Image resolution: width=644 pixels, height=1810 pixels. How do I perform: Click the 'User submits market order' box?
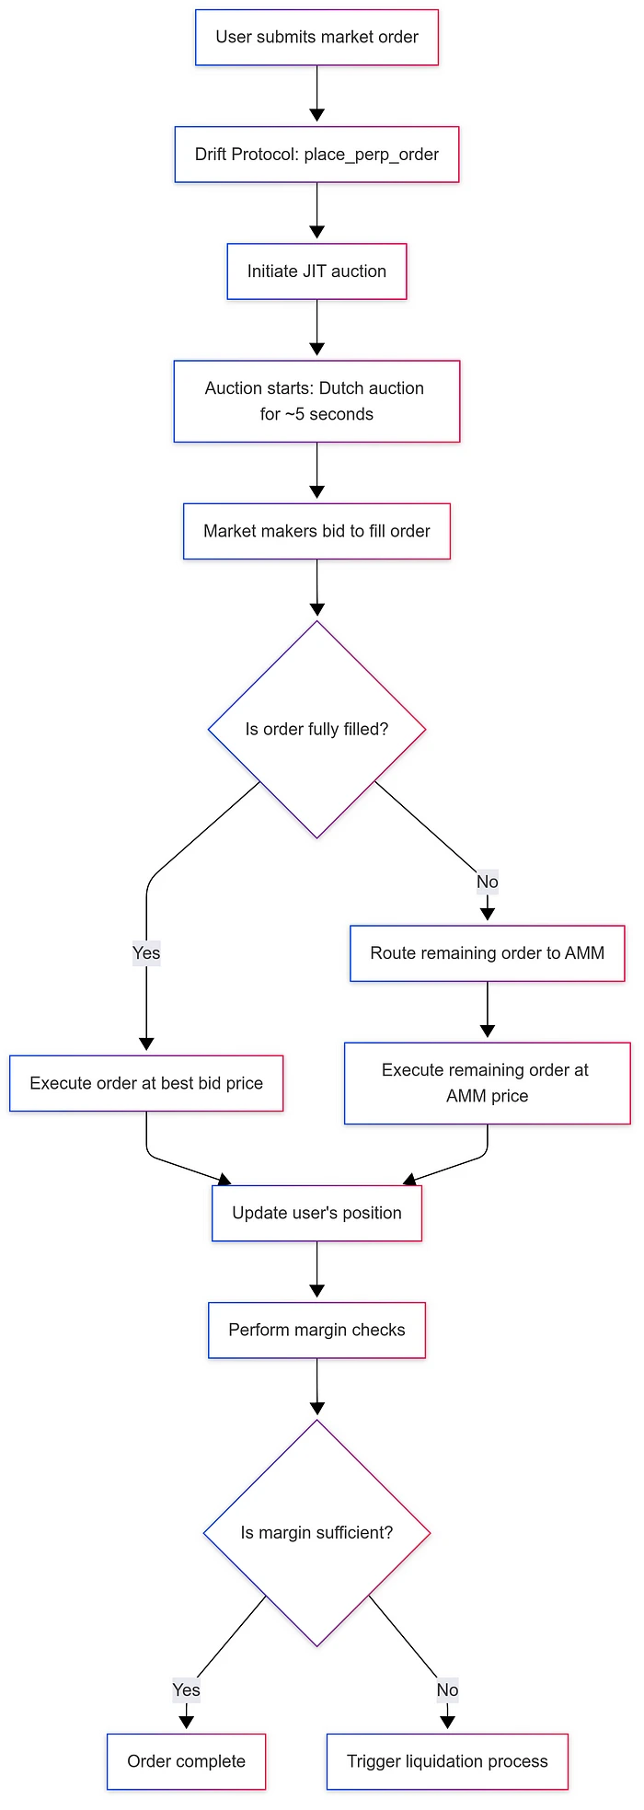pyautogui.click(x=316, y=37)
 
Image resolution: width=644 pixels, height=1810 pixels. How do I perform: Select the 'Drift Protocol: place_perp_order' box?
pyautogui.click(x=316, y=154)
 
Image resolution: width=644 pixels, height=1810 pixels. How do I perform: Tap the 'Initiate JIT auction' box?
pyautogui.click(x=316, y=271)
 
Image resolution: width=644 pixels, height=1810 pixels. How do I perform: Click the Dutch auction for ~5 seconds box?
pyautogui.click(x=316, y=401)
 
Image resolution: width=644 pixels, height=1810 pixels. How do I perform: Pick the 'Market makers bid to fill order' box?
pyautogui.click(x=316, y=531)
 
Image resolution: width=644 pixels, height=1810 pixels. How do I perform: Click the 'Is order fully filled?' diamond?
pyautogui.click(x=316, y=729)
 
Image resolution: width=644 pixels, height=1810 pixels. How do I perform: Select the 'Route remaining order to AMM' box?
pyautogui.click(x=487, y=953)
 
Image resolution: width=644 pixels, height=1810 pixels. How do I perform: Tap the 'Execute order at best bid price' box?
pyautogui.click(x=146, y=1083)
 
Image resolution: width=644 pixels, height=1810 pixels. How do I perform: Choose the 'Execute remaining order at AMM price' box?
pyautogui.click(x=487, y=1083)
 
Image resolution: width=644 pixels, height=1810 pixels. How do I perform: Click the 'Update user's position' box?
pyautogui.click(x=316, y=1213)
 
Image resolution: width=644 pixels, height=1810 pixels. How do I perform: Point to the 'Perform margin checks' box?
pyautogui.click(x=316, y=1330)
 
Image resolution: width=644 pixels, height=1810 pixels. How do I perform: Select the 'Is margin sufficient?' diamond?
pyautogui.click(x=316, y=1533)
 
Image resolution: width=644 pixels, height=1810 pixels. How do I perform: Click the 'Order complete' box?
pyautogui.click(x=186, y=1761)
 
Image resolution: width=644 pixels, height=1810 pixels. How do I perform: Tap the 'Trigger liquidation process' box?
pyautogui.click(x=447, y=1761)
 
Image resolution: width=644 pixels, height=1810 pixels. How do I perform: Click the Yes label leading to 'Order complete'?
pyautogui.click(x=186, y=1689)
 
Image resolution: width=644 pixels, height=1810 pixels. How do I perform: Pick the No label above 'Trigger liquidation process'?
pyautogui.click(x=447, y=1689)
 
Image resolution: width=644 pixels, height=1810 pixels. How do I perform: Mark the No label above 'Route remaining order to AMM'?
pyautogui.click(x=487, y=882)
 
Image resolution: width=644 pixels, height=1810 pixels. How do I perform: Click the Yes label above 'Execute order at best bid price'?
pyautogui.click(x=146, y=952)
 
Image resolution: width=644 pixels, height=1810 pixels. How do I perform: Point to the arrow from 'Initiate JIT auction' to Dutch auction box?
pyautogui.click(x=316, y=329)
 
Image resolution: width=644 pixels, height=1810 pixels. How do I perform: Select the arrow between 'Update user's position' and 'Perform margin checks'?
pyautogui.click(x=316, y=1272)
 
